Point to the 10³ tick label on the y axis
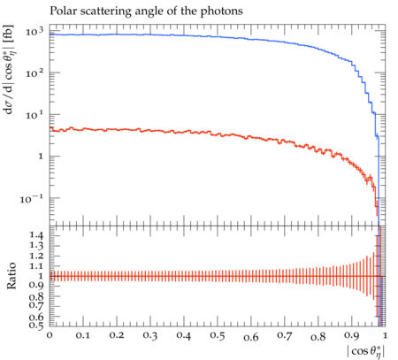[x=34, y=32]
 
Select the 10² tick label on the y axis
[x=34, y=73]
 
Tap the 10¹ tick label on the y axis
[x=34, y=115]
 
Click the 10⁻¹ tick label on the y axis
[x=32, y=199]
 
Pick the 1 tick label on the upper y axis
[x=41, y=157]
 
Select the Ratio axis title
[x=11, y=276]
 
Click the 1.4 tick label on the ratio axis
[x=36, y=235]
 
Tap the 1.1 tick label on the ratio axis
[x=36, y=266]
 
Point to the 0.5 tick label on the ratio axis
[x=36, y=326]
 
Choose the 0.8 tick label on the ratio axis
[x=36, y=296]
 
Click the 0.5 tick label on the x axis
[x=218, y=336]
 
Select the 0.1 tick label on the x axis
[x=83, y=336]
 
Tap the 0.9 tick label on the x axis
[x=352, y=336]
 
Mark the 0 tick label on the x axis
[x=50, y=336]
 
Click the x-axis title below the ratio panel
[x=366, y=352]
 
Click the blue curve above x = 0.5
[x=218, y=37]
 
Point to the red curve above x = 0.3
[x=150, y=130]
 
